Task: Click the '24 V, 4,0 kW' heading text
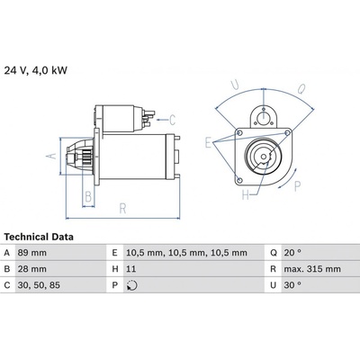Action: click(36, 70)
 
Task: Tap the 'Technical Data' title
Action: click(39, 237)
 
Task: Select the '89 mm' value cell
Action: click(32, 253)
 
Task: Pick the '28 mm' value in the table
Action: click(32, 269)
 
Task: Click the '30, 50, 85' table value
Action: click(39, 285)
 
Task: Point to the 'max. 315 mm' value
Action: click(312, 269)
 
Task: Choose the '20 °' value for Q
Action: click(292, 253)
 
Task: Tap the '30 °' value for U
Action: click(292, 285)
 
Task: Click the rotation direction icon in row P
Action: click(132, 285)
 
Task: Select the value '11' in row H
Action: click(130, 269)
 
